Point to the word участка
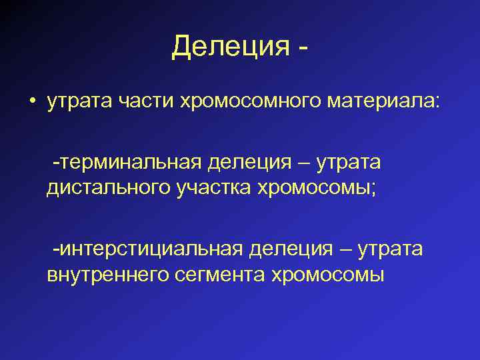click(x=207, y=189)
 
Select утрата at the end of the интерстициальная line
click(x=390, y=249)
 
